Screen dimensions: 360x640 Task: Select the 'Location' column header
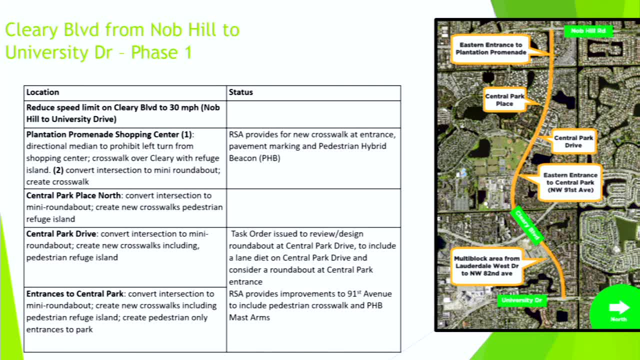[42, 92]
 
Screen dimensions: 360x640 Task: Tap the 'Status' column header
[240, 92]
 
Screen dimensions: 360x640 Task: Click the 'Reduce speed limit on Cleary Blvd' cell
[122, 113]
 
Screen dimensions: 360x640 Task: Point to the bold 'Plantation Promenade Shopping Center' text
[108, 134]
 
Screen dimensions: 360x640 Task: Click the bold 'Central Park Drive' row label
[61, 234]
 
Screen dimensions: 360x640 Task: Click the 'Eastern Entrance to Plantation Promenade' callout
[490, 48]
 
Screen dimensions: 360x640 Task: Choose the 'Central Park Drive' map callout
[573, 141]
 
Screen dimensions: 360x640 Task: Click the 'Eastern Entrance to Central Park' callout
[570, 182]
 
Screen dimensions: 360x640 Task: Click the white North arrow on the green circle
[619, 307]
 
